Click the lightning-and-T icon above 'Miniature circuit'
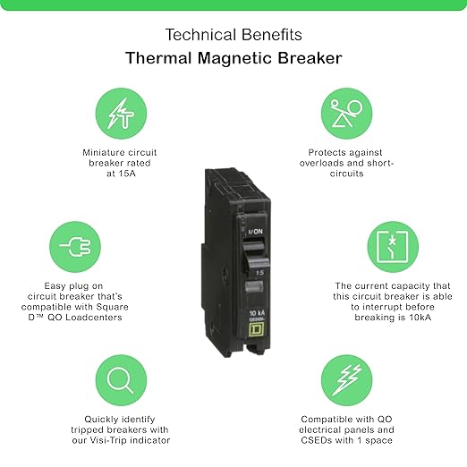[121, 114]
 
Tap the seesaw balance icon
[346, 114]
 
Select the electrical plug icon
[75, 247]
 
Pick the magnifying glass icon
[121, 380]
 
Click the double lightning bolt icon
[346, 380]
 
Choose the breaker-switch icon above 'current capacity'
[393, 247]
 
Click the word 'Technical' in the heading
[200, 35]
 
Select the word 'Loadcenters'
[94, 317]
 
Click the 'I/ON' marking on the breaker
[256, 232]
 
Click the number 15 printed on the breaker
[259, 273]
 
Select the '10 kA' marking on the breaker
[257, 313]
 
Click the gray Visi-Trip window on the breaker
[254, 287]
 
